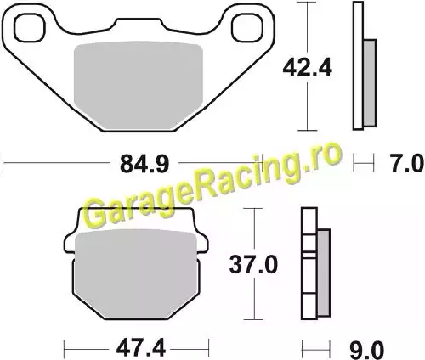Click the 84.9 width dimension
coord(144,164)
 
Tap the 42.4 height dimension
coord(308,68)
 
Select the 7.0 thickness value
coord(407,164)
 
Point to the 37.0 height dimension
coord(253,265)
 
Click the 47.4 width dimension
coord(141,348)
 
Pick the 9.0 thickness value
coord(367,351)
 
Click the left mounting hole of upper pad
coord(30,28)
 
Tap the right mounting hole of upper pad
coord(247,28)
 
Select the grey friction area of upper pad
coord(139,86)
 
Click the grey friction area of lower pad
coord(136,273)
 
